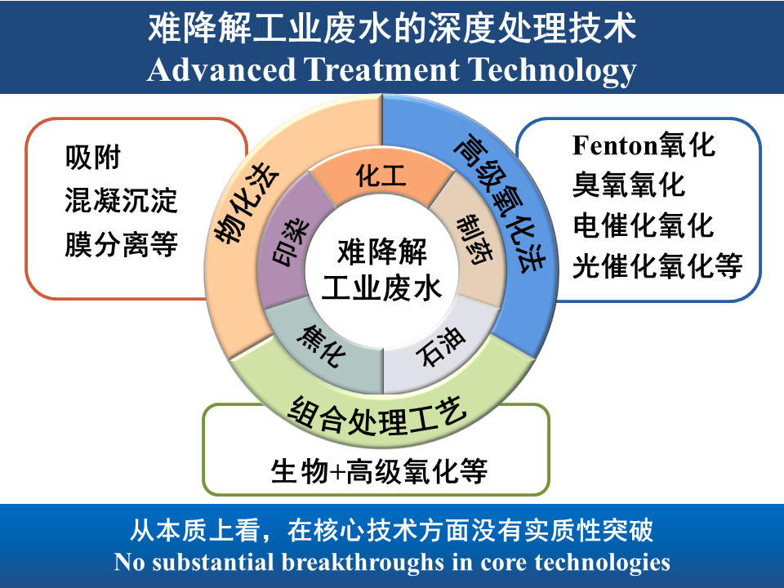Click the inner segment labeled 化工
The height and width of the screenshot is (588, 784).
[x=381, y=176]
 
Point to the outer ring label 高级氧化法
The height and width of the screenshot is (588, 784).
[x=500, y=199]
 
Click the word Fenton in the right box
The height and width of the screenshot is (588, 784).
[x=614, y=146]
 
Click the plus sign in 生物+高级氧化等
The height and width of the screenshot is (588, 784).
[x=337, y=472]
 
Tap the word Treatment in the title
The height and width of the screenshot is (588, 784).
[x=383, y=70]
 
